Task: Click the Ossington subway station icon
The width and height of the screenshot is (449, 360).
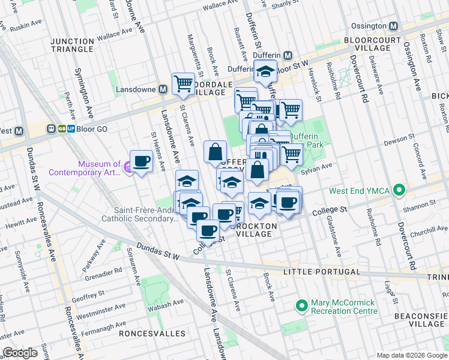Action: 393,26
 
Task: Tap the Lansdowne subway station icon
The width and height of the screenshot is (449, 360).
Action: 163,89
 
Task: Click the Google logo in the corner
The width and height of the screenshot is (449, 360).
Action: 20,353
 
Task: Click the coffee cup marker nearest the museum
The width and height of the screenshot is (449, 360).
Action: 141,161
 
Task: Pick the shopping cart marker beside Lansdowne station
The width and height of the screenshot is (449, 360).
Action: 183,83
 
